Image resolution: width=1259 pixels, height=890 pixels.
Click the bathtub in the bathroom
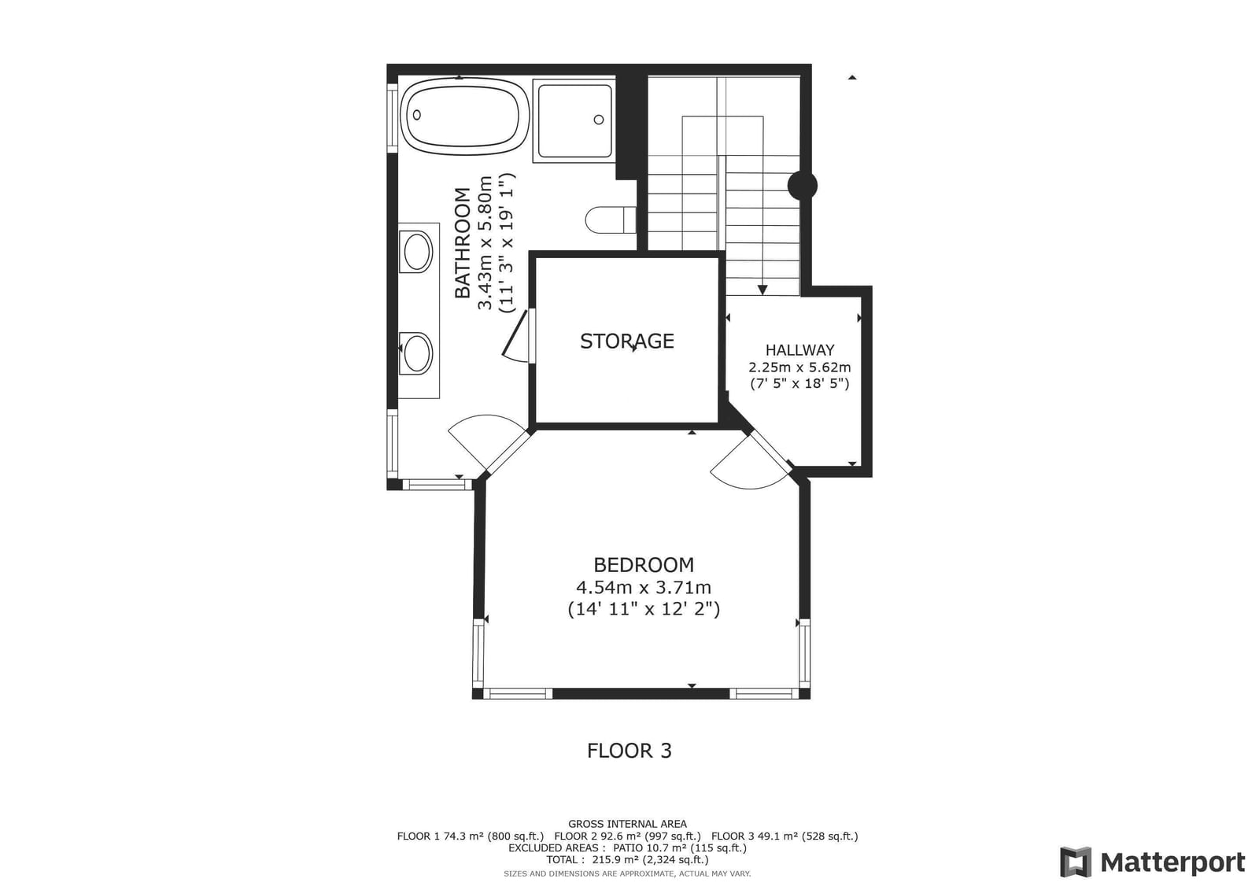click(x=464, y=116)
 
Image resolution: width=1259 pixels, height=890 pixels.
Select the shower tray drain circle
click(x=599, y=120)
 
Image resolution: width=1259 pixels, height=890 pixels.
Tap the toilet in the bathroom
click(x=611, y=220)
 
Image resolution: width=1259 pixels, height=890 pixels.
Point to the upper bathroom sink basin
click(x=416, y=252)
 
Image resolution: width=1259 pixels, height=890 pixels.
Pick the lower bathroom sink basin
click(x=416, y=353)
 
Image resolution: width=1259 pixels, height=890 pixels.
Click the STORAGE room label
click(x=626, y=342)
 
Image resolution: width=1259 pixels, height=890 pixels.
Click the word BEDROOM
click(x=644, y=564)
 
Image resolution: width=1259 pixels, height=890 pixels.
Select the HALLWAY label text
click(x=799, y=350)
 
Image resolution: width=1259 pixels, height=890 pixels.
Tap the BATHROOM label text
click(x=462, y=243)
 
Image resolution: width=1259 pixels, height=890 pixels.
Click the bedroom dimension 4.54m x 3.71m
click(x=644, y=588)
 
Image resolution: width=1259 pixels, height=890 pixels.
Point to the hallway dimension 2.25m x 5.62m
click(x=799, y=367)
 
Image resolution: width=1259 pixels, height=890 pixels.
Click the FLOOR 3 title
click(x=629, y=751)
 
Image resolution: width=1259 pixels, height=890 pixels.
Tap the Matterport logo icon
click(x=1076, y=862)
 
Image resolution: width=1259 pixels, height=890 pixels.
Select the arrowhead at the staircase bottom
click(x=762, y=290)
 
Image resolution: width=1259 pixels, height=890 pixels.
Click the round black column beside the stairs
click(x=802, y=186)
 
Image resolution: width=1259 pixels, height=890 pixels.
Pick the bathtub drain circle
click(x=416, y=115)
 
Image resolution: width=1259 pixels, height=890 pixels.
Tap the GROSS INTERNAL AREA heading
click(x=627, y=824)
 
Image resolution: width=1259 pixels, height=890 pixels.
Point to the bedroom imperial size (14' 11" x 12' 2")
click(x=644, y=609)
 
